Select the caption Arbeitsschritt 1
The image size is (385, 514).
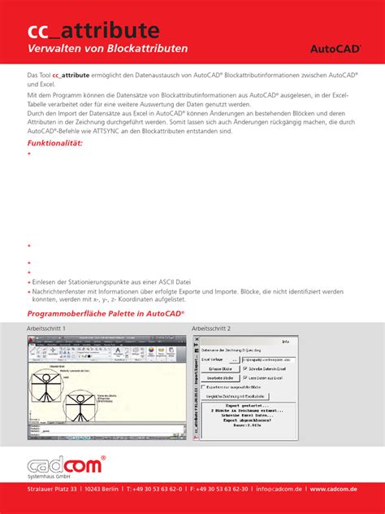(x=46, y=328)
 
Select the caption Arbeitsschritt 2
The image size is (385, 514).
(x=211, y=328)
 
